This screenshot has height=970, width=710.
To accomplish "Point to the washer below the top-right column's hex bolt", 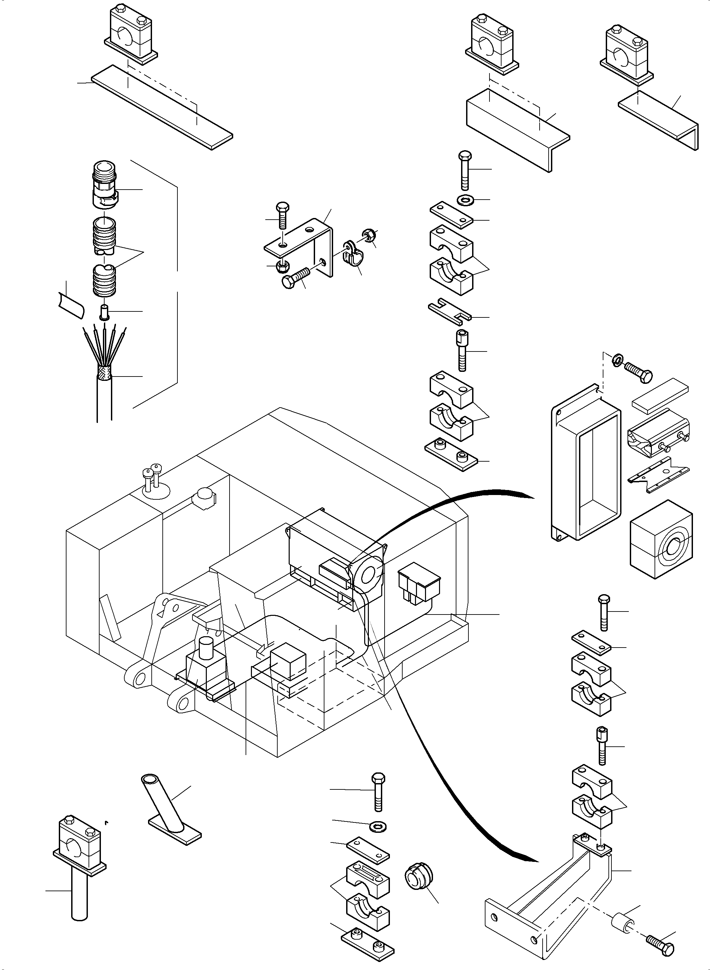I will pyautogui.click(x=465, y=200).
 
